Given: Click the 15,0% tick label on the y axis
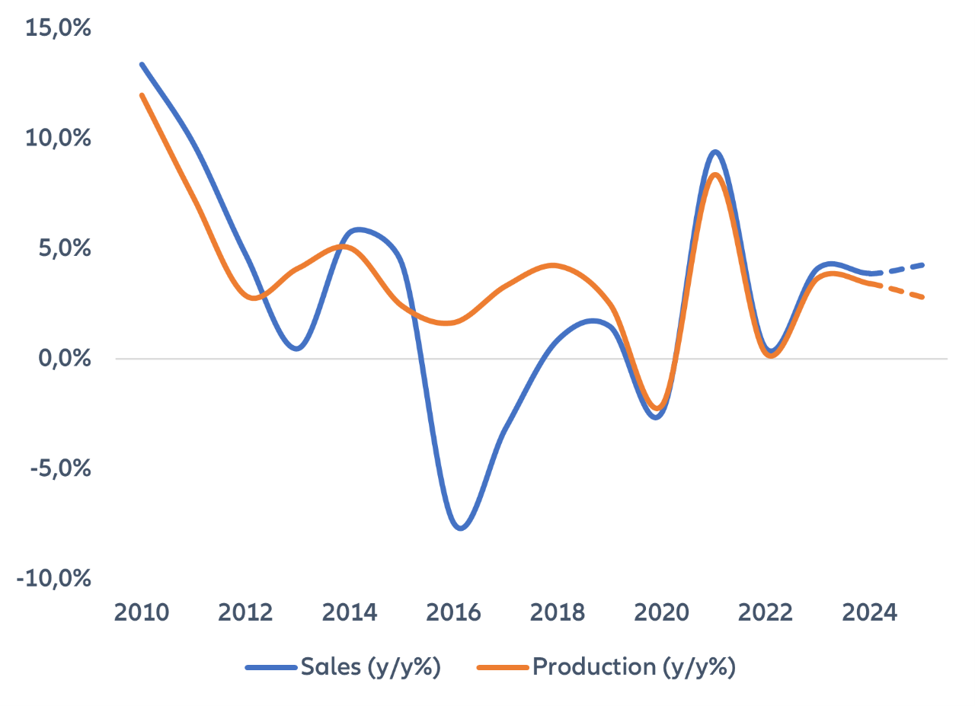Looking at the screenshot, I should coord(59,29).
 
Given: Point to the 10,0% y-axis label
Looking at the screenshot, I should coord(59,139).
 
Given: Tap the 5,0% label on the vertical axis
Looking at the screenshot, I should coord(64,249).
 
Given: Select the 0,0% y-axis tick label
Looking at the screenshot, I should coord(64,359).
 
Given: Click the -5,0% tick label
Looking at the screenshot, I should coord(61,468).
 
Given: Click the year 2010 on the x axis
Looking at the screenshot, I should coord(142,613).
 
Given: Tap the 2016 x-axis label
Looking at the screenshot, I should coord(454,613).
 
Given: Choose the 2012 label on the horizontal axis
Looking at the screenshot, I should coord(246,613).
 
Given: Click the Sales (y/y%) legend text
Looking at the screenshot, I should coord(371,667).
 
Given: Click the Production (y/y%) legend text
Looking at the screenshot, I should coord(633,667).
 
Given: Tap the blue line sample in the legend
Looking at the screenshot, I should coord(270,668).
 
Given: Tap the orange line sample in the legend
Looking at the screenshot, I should coord(502,668).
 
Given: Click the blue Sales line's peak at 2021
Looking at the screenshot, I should coord(714,152).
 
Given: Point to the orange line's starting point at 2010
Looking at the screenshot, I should coord(142,95).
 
